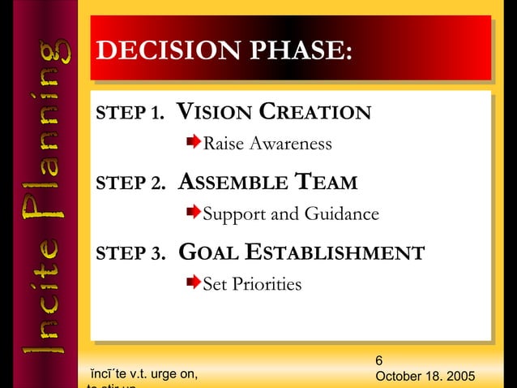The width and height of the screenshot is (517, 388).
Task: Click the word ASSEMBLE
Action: [229, 183]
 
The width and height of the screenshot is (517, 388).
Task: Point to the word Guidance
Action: [341, 214]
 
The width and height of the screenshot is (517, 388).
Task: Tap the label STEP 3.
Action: [130, 254]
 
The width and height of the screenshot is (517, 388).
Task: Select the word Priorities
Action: [267, 284]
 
